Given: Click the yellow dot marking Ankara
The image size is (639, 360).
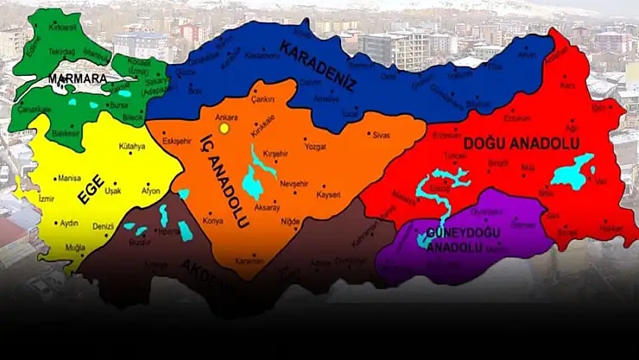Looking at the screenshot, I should (x=225, y=128).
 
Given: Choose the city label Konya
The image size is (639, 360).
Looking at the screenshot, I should (x=212, y=219).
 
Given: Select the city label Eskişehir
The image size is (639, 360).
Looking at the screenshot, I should (x=177, y=141).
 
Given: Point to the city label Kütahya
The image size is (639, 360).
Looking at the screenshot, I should (x=132, y=148).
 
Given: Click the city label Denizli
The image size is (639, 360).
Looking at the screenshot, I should (x=104, y=226).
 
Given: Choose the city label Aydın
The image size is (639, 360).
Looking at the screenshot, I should (x=69, y=223).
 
